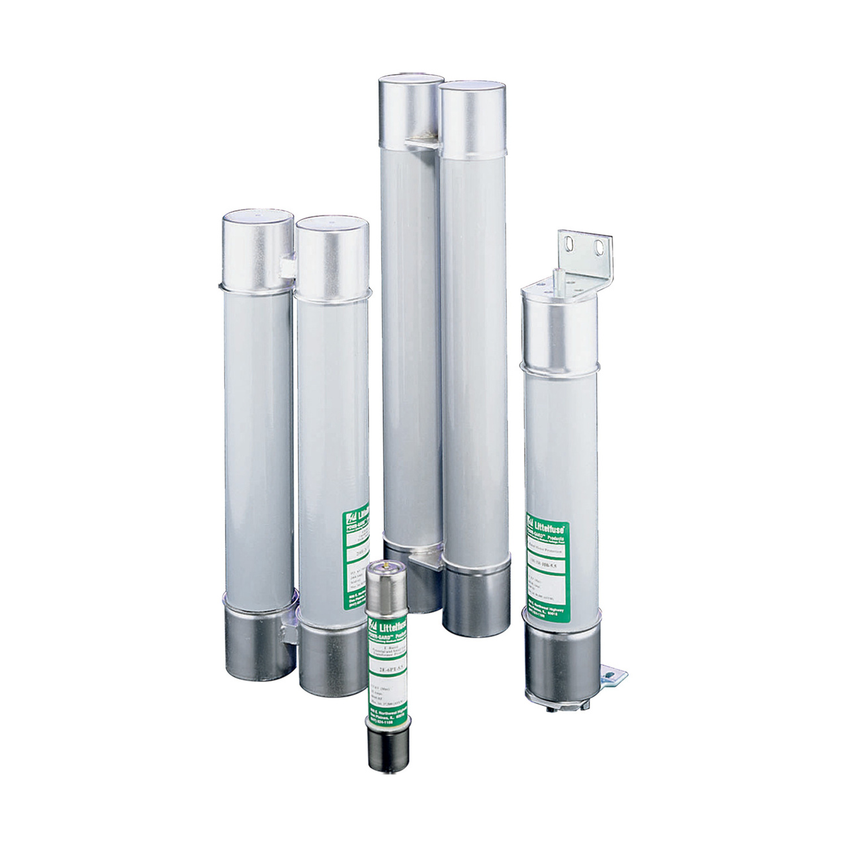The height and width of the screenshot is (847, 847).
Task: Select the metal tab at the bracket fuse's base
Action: pyautogui.click(x=614, y=674)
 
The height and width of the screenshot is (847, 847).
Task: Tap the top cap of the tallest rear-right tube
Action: pyautogui.click(x=473, y=119)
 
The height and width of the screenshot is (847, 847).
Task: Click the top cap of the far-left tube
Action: pyautogui.click(x=256, y=248)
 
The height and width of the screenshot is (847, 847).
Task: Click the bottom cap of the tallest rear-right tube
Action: pyautogui.click(x=475, y=602)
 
